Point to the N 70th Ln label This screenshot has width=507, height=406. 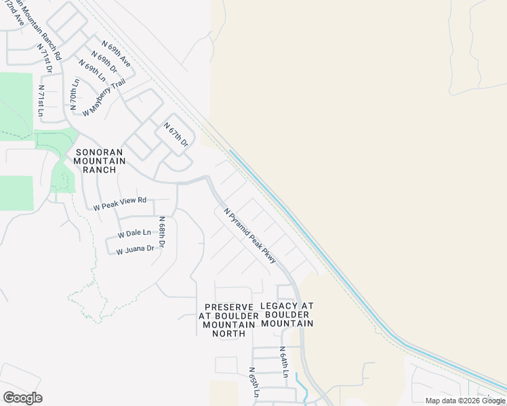[74, 94]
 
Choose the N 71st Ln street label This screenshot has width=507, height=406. [41, 101]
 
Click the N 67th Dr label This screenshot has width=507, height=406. [175, 133]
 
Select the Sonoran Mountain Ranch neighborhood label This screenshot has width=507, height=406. [100, 160]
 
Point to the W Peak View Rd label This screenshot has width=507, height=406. [120, 201]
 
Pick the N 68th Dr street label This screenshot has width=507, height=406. [162, 232]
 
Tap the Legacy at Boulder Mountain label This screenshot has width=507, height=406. [287, 315]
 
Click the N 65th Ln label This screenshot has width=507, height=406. [254, 382]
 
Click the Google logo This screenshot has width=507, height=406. [22, 398]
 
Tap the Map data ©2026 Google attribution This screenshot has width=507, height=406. [466, 401]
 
